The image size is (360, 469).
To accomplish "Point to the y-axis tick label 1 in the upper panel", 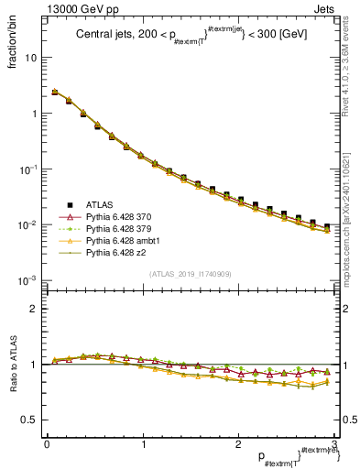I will (x=32, y=114).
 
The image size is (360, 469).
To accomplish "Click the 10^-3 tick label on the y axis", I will (x=27, y=280).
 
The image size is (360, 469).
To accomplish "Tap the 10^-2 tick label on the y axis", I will (x=27, y=225).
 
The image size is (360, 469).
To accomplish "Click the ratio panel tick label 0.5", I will (x=27, y=420).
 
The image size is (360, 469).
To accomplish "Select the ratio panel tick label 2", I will (x=32, y=309).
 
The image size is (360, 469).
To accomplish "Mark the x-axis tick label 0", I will (x=46, y=443).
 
